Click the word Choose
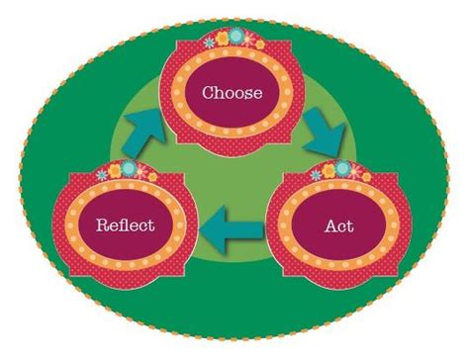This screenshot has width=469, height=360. coord(233,95)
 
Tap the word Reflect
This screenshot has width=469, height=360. coord(125,225)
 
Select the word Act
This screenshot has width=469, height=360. coord(339,225)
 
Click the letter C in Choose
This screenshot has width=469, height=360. coord(209,95)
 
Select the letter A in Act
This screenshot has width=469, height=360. coord(330,225)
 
